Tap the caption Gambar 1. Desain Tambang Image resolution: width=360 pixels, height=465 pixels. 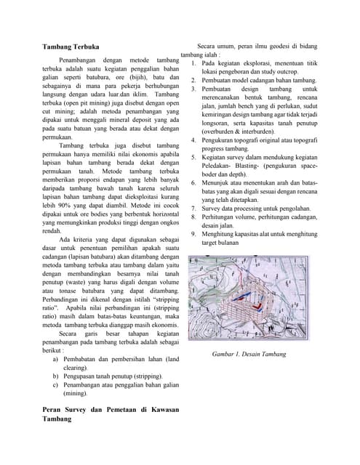pos(249,354)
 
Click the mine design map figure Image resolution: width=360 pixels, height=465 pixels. pos(249,298)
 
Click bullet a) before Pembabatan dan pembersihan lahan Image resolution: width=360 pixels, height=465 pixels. pos(56,359)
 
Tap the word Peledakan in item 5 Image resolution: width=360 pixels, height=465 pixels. pos(220,166)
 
